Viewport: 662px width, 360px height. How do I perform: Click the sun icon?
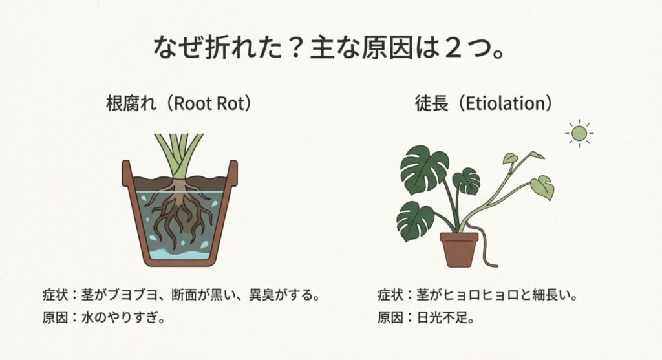(579, 133)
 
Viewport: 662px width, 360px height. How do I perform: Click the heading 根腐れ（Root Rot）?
(178, 103)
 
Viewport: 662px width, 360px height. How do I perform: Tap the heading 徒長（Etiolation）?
(484, 103)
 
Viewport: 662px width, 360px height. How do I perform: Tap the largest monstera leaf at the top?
(424, 169)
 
